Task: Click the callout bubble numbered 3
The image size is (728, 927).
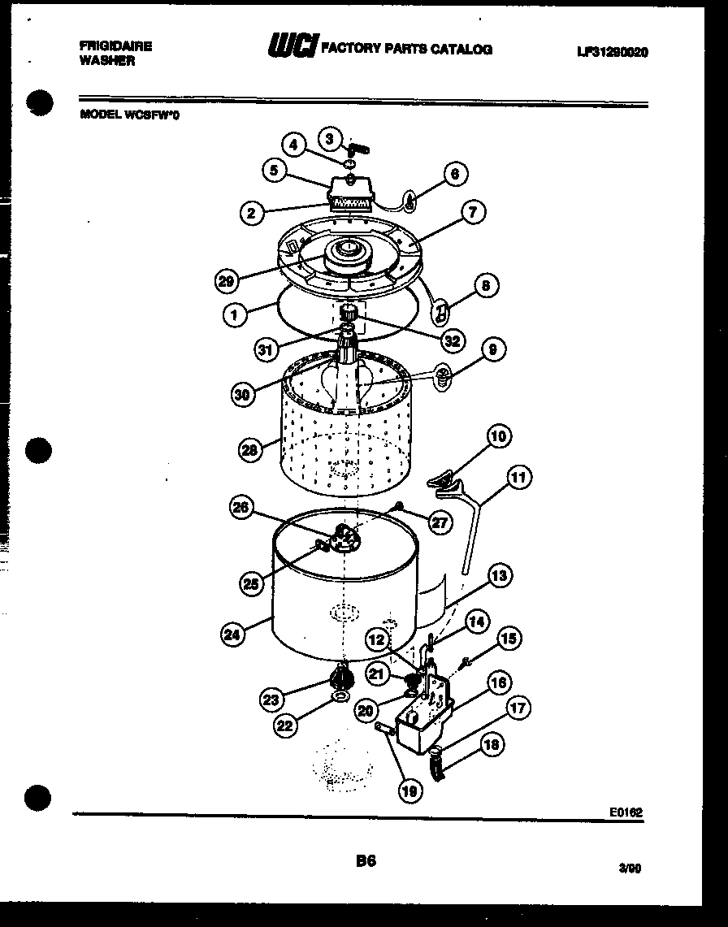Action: (329, 138)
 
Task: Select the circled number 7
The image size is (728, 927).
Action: (472, 213)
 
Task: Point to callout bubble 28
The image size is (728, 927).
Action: (251, 448)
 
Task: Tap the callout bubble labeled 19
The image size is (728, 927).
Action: (412, 789)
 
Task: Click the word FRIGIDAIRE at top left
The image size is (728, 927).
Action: (115, 46)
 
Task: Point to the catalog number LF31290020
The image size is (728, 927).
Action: (613, 52)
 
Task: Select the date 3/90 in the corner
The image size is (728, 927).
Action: (630, 868)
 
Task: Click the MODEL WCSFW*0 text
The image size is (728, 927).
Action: (130, 115)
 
